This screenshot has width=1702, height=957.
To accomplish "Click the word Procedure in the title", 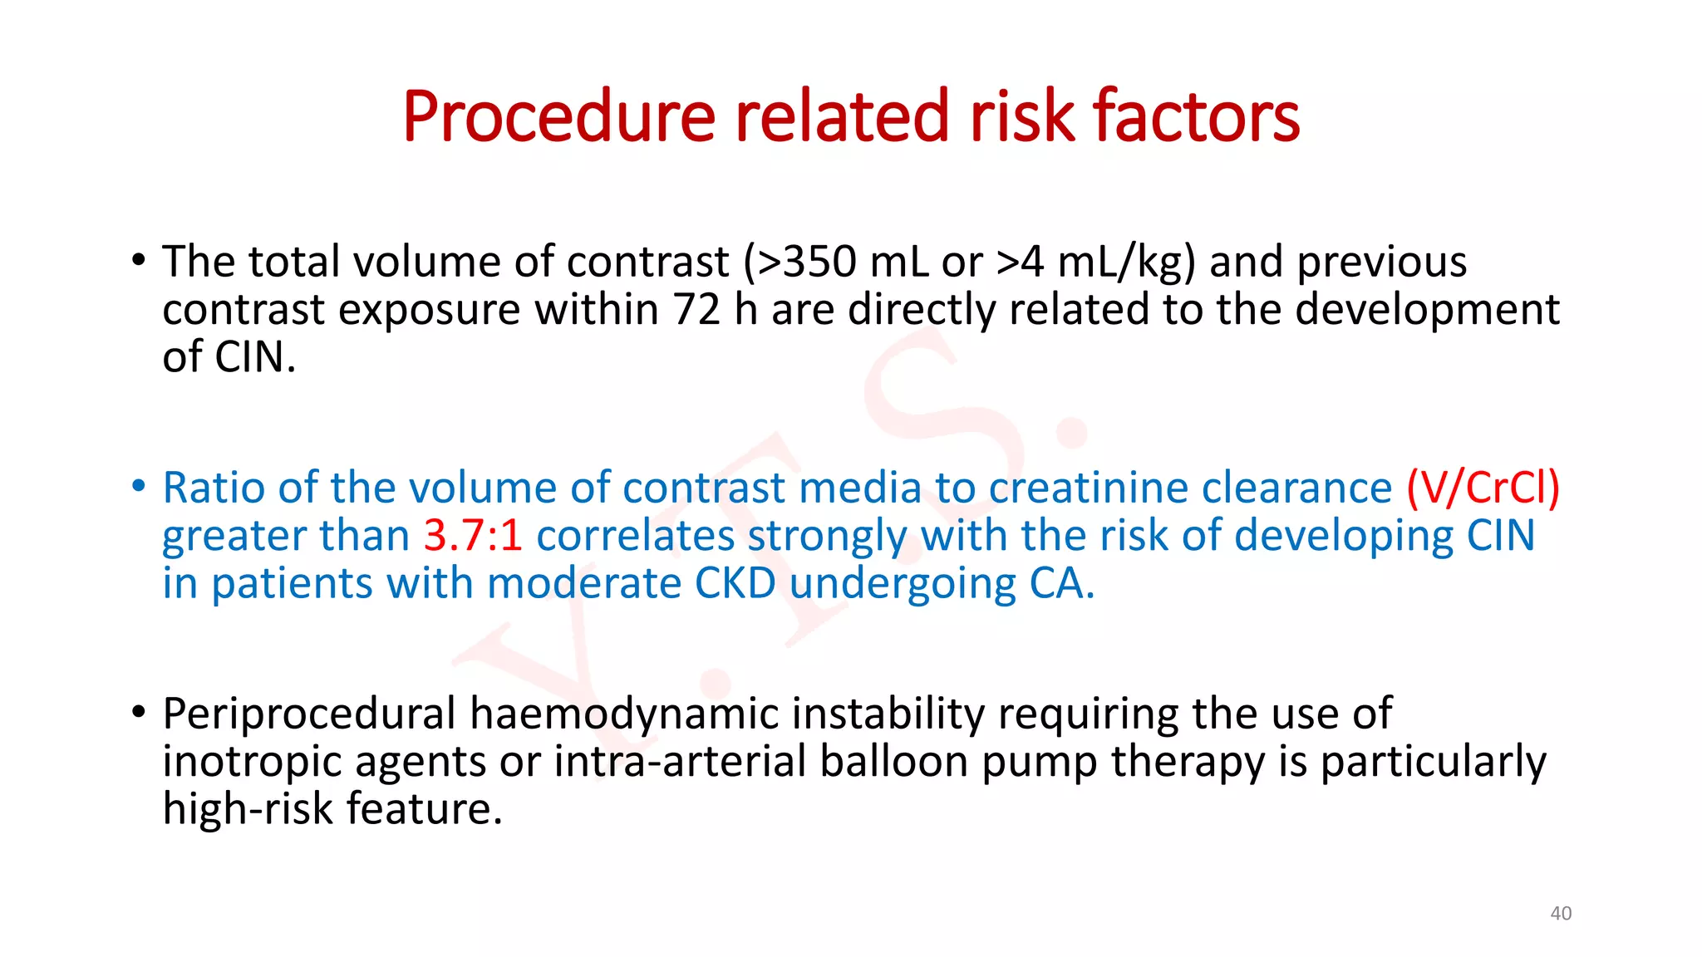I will [x=558, y=117].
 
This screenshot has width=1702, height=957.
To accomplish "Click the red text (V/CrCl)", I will [x=1483, y=488].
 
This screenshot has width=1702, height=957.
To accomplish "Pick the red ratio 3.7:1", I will [x=473, y=536].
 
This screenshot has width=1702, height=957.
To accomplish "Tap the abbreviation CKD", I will [x=735, y=584].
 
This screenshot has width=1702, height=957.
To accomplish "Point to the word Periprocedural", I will [x=308, y=714].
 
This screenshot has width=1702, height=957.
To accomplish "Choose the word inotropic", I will [x=252, y=762].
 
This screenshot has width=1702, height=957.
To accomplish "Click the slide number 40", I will [x=1561, y=914].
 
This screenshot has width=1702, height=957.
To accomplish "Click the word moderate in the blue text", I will [x=583, y=584].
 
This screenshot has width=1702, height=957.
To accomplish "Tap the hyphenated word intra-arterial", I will [x=680, y=762].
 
